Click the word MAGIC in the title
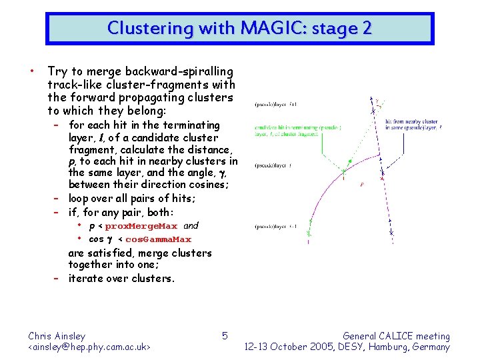tap(265, 29)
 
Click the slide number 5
tap(225, 335)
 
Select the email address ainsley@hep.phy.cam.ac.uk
tap(89, 347)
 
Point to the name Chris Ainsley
tap(57, 336)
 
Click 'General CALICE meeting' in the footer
tap(396, 336)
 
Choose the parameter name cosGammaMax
tap(159, 239)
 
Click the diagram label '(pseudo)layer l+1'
tap(275, 104)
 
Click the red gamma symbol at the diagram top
tap(377, 101)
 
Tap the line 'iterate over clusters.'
tap(121, 279)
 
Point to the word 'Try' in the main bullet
tap(57, 71)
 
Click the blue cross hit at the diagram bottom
tap(393, 233)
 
